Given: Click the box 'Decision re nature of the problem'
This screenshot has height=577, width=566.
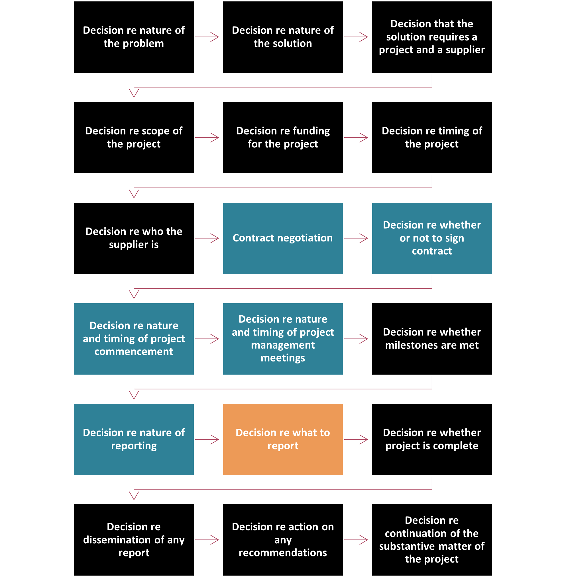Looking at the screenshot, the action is [x=134, y=37].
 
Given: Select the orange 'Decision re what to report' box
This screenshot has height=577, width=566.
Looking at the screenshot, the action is [x=283, y=439].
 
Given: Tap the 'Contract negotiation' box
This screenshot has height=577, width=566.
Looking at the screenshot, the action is [x=283, y=238].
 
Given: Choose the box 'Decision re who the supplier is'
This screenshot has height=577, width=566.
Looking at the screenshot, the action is [x=134, y=238].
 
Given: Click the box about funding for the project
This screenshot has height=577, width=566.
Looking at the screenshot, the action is [x=283, y=137].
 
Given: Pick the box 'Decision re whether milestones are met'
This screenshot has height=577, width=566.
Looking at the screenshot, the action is [x=432, y=338].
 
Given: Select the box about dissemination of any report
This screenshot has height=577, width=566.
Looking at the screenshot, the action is [x=134, y=540].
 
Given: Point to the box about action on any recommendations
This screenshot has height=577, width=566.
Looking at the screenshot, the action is [x=283, y=540].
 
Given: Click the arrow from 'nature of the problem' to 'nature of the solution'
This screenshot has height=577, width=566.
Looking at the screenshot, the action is [x=207, y=37].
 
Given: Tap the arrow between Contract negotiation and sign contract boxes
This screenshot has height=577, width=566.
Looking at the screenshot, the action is [x=356, y=238].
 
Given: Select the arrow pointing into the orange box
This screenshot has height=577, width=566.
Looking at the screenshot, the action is [x=207, y=439].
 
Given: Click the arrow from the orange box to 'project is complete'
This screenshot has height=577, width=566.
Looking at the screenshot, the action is [x=356, y=439].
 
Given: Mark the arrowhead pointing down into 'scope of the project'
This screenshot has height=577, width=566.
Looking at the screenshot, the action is [x=134, y=93].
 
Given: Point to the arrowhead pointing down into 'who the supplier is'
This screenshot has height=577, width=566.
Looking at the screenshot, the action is [x=134, y=193].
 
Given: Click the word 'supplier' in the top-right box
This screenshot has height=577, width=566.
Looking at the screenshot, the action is [x=465, y=50].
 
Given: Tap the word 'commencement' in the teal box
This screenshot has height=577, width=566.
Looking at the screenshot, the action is [x=134, y=352].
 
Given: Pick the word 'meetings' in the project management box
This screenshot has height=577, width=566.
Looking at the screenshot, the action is [x=283, y=358].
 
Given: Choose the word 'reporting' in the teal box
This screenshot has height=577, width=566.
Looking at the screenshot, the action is [x=134, y=446].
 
